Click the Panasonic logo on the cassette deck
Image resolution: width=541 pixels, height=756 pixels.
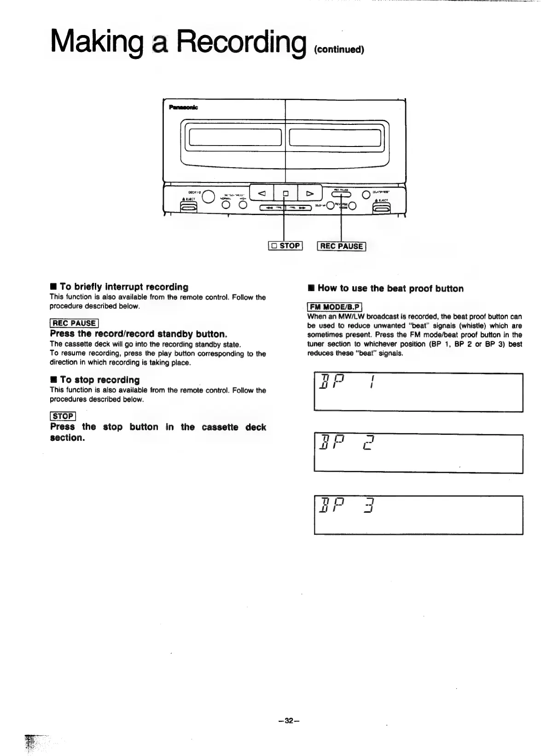pos(183,107)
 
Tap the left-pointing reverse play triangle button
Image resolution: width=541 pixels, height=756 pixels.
pos(261,193)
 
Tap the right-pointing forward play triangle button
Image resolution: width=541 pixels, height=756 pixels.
pos(310,193)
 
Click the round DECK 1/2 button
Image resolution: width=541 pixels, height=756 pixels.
pos(209,196)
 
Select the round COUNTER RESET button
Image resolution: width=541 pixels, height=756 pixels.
pos(366,194)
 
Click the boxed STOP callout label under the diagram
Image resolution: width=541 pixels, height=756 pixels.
pos(285,246)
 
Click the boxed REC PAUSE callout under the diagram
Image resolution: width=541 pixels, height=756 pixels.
pos(342,246)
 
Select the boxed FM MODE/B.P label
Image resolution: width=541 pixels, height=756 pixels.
pos(335,307)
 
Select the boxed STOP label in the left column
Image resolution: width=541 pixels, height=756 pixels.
pos(63,416)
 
